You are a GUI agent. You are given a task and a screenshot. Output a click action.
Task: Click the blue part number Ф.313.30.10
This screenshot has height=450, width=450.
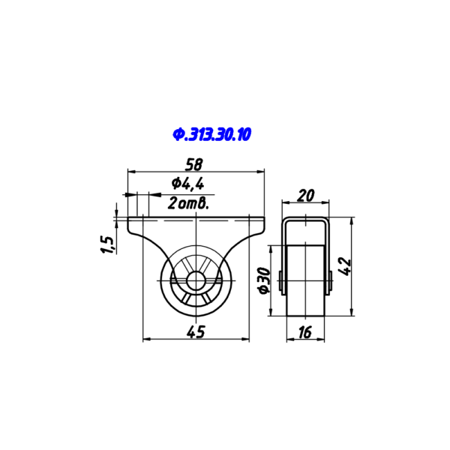click(x=211, y=134)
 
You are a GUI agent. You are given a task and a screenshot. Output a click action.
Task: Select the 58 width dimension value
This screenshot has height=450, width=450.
click(x=194, y=164)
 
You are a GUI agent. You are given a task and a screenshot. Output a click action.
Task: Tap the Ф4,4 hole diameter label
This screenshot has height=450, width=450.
click(x=187, y=184)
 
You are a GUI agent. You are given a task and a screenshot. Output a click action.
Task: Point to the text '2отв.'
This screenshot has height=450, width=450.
click(x=187, y=203)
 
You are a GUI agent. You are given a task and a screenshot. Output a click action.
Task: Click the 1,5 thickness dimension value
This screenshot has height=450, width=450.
click(x=107, y=244)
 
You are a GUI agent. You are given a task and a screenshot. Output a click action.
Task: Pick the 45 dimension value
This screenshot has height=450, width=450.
click(x=196, y=331)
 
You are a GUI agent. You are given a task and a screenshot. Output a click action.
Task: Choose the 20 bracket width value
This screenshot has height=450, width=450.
click(x=306, y=196)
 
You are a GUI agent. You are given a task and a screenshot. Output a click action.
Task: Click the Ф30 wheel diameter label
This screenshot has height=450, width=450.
click(x=264, y=280)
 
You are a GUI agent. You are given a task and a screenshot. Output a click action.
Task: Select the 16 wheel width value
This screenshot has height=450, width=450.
click(x=304, y=332)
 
